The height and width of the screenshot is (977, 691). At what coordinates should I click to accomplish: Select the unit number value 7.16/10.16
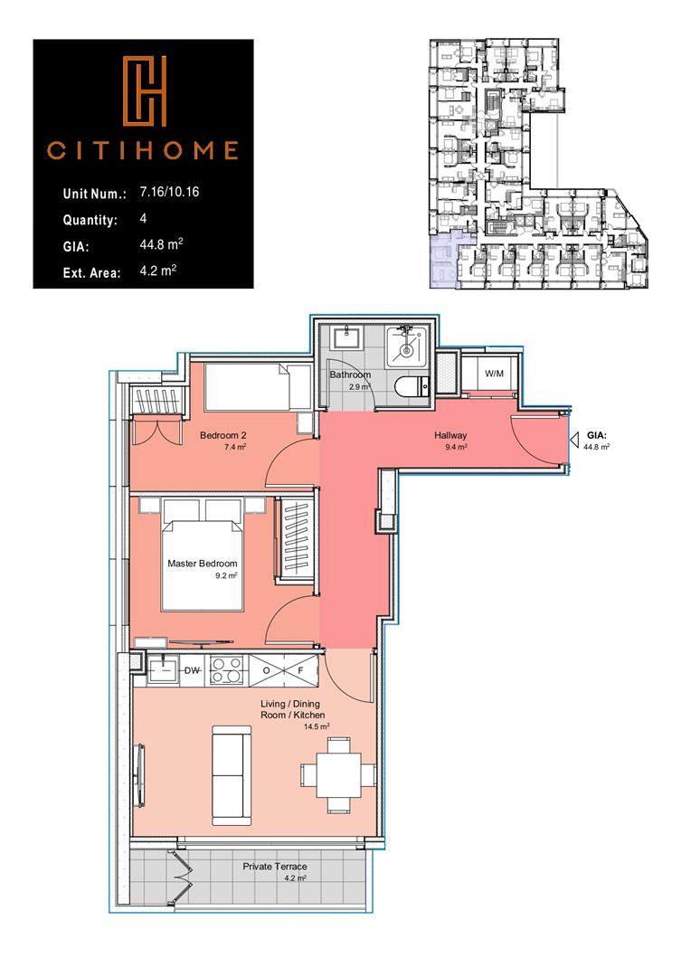pyautogui.click(x=171, y=193)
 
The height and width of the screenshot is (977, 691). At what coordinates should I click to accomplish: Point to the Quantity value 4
pyautogui.click(x=144, y=219)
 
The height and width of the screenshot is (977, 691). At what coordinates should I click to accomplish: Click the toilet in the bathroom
pyautogui.click(x=410, y=386)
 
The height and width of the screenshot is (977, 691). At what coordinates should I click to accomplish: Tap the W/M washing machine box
pyautogui.click(x=494, y=374)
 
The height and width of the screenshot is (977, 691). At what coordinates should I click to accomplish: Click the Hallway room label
pyautogui.click(x=450, y=436)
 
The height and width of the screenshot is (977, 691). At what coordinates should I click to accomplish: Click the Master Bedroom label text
pyautogui.click(x=203, y=564)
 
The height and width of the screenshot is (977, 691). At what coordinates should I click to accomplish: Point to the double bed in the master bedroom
pyautogui.click(x=203, y=565)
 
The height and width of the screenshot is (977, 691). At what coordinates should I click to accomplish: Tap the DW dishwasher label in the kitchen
pyautogui.click(x=192, y=670)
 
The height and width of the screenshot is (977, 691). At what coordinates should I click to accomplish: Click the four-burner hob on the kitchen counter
pyautogui.click(x=225, y=670)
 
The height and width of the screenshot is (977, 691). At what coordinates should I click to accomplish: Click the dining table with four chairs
pyautogui.click(x=337, y=773)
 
